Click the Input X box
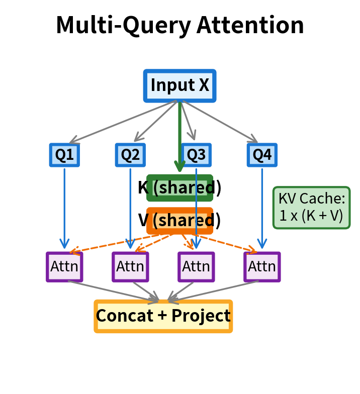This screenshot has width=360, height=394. (x=179, y=85)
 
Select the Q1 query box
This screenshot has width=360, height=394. (x=64, y=155)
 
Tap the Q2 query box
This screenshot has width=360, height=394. (x=130, y=155)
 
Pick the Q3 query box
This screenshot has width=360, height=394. (x=196, y=155)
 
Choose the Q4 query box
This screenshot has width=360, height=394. (x=262, y=155)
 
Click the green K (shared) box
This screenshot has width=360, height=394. (x=179, y=188)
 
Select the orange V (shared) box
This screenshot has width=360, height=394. (x=179, y=221)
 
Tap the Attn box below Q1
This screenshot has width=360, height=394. (x=64, y=266)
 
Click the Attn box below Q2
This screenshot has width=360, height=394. (x=130, y=266)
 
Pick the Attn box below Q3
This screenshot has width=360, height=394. (x=196, y=266)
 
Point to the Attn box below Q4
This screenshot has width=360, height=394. (x=262, y=266)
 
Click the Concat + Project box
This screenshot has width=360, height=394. (x=163, y=316)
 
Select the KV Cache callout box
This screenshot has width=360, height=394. (x=311, y=208)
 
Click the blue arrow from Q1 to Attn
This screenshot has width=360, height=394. (x=64, y=206)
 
